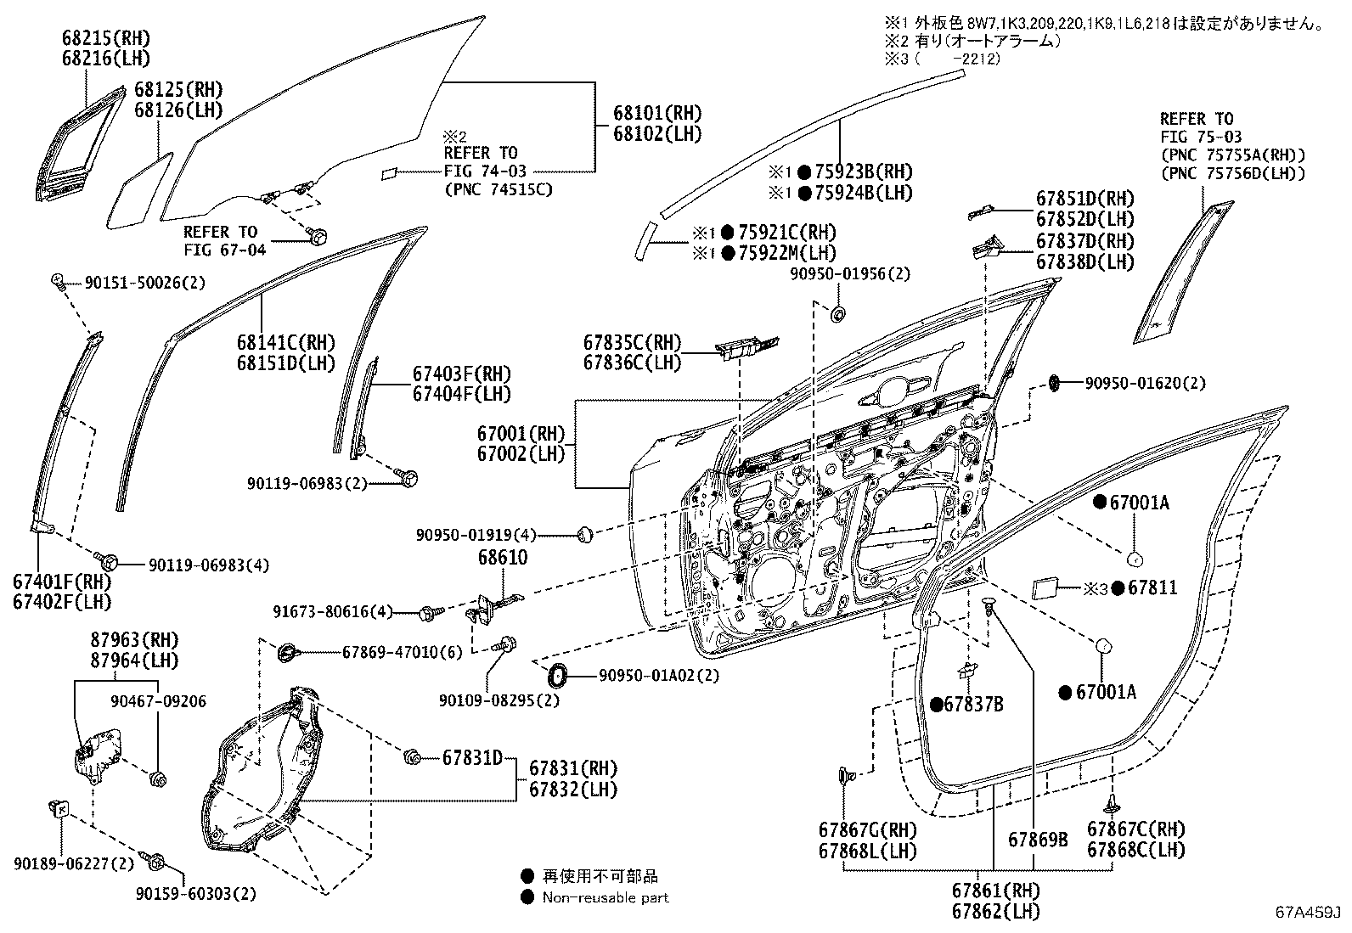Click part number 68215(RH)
click(105, 38)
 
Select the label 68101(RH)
click(658, 113)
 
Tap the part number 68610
click(502, 558)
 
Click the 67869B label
click(1038, 840)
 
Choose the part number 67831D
click(472, 757)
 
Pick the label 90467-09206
click(158, 701)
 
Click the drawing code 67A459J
click(1306, 913)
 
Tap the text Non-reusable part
click(606, 897)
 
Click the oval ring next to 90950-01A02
click(558, 677)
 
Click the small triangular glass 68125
click(138, 191)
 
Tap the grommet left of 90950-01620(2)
click(1054, 383)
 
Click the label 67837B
click(973, 704)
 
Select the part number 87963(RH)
click(123, 640)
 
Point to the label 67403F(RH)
click(462, 374)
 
